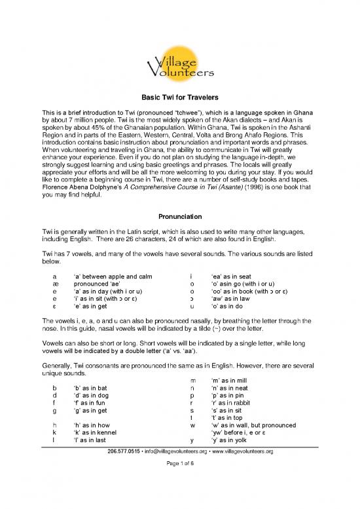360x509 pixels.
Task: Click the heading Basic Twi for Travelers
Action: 179,94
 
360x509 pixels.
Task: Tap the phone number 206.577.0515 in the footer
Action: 117,488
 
